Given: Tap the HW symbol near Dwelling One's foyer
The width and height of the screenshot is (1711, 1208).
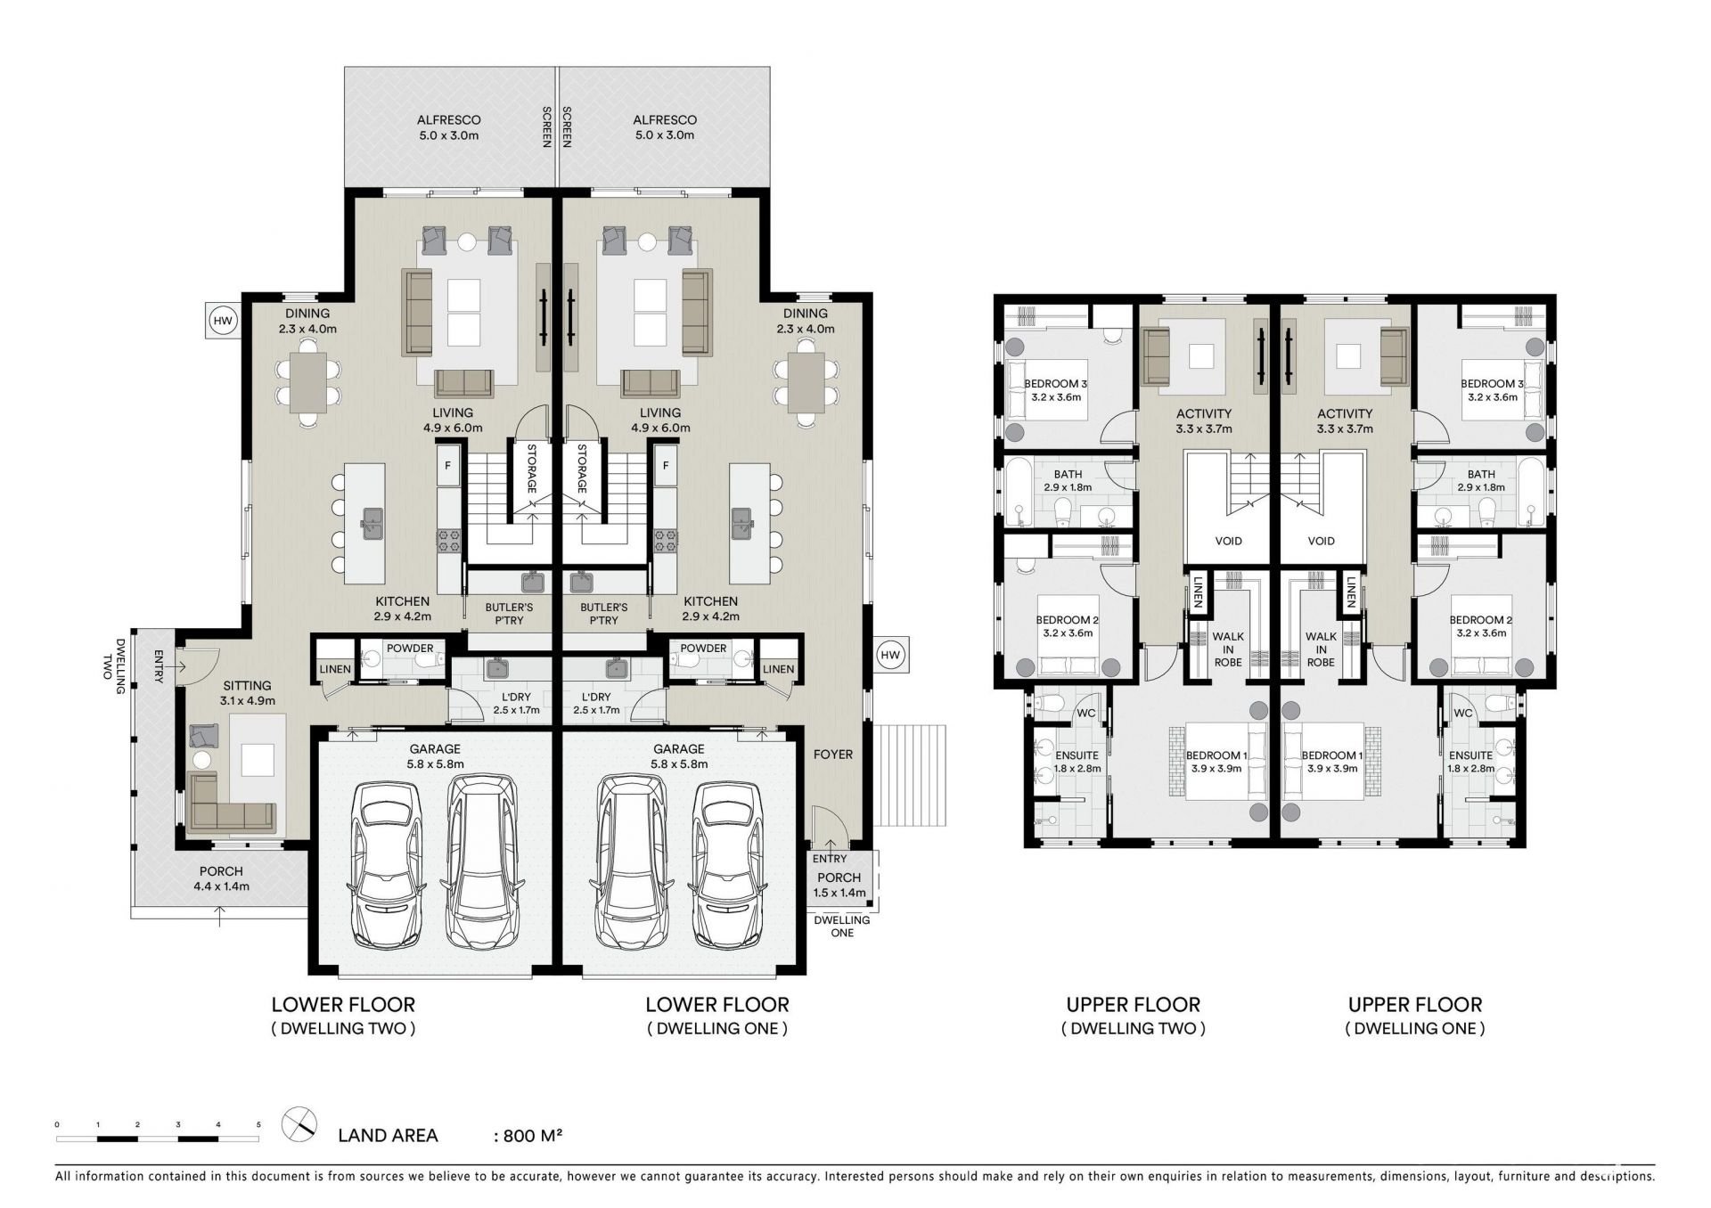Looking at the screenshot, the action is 889,656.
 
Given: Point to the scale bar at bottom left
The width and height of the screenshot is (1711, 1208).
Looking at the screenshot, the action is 158,1138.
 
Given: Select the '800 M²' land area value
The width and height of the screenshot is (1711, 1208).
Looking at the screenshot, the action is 532,1136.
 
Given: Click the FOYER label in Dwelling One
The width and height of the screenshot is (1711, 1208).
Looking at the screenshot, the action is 833,755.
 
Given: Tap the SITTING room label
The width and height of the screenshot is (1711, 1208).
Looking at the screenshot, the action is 247,685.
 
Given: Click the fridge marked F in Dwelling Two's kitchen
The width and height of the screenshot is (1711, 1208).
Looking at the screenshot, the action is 447,466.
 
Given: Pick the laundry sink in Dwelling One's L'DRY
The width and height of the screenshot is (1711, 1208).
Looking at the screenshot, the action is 615,669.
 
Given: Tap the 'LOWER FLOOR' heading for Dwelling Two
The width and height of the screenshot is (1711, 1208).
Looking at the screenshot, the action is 343,1005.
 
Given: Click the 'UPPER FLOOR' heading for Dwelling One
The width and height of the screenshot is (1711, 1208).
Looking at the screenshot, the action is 1415,1005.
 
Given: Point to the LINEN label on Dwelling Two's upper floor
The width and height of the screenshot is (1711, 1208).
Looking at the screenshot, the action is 1197,592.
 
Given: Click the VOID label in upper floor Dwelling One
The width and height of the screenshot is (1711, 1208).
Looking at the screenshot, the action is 1321,541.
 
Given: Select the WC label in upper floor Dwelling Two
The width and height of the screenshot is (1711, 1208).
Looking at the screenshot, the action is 1086,714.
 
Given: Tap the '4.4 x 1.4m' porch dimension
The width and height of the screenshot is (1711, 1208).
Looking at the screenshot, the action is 221,886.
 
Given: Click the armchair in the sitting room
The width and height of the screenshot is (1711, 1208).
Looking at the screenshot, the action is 204,736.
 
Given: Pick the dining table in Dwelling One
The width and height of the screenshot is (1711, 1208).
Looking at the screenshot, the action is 806,382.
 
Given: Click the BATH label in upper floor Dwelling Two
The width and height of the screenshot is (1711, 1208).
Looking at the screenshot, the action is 1068,474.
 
